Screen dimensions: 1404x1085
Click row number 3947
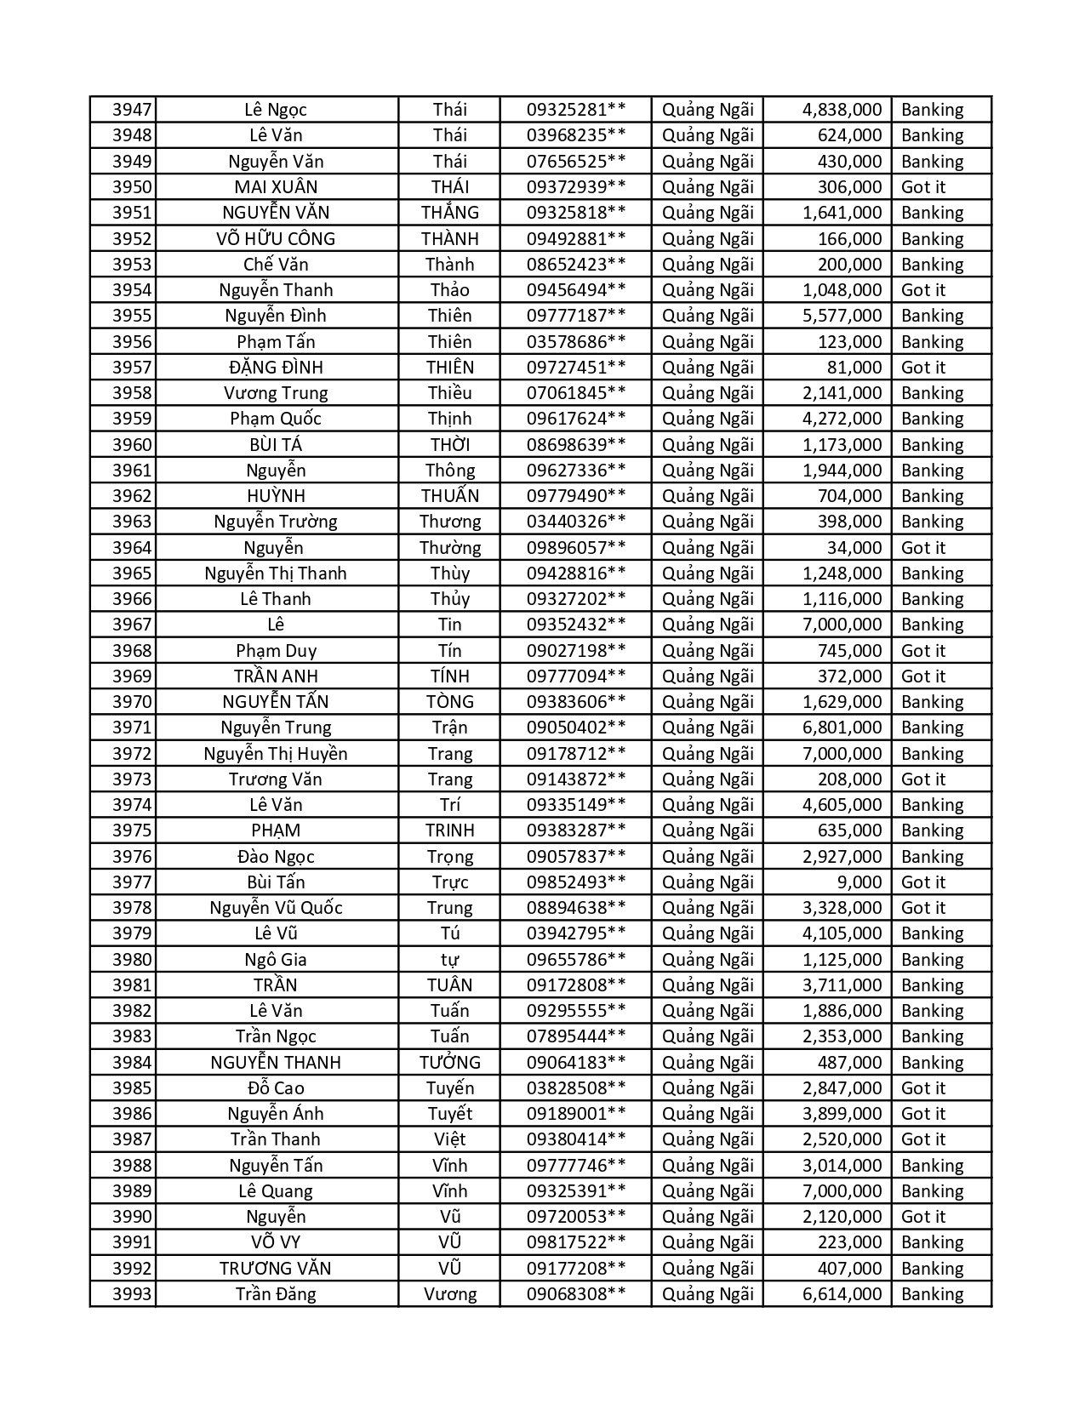(x=132, y=110)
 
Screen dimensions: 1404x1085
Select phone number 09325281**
(x=576, y=110)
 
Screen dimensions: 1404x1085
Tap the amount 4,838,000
(x=842, y=110)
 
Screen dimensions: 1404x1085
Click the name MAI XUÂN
(x=276, y=187)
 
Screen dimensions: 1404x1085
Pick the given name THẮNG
(x=449, y=213)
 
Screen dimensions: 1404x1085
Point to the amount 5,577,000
(x=842, y=316)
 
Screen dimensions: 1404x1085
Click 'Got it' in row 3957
(x=923, y=368)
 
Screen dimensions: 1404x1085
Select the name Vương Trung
(x=276, y=393)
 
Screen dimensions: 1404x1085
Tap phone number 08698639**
(x=576, y=445)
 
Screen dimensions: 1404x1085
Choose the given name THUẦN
(x=449, y=496)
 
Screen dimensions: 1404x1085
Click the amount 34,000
(x=854, y=548)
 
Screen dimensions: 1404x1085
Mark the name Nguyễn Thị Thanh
(x=276, y=574)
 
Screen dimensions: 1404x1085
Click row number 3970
(x=132, y=702)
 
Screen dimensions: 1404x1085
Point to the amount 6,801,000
(x=842, y=728)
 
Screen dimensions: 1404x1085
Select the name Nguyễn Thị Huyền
(x=276, y=754)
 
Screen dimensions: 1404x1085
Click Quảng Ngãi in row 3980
(x=707, y=960)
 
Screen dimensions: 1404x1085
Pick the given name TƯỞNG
(x=449, y=1063)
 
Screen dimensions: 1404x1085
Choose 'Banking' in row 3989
(x=932, y=1191)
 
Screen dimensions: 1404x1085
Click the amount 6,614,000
(x=842, y=1294)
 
